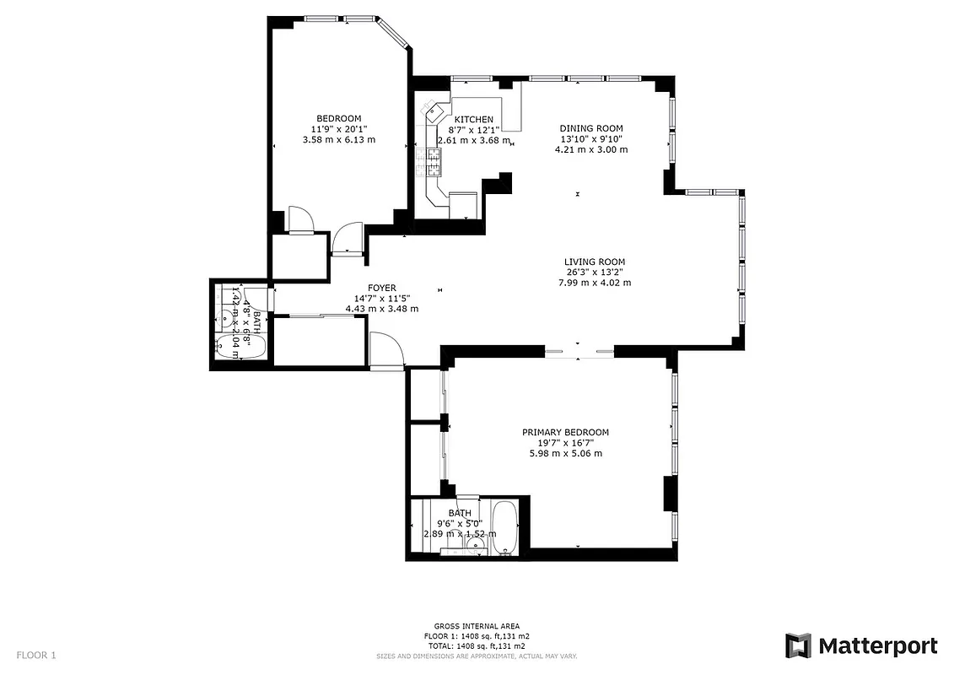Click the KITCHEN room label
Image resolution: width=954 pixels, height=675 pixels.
point(473,119)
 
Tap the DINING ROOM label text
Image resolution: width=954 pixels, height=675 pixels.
point(590,128)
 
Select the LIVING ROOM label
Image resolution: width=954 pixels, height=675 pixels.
point(595,262)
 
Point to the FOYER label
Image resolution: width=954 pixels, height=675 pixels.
point(381,288)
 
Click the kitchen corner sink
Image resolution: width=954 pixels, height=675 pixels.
point(437,110)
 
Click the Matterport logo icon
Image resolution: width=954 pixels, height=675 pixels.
point(798,645)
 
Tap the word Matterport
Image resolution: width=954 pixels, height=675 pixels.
point(877,646)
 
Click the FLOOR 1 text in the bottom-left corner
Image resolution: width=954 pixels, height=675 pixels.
point(36,655)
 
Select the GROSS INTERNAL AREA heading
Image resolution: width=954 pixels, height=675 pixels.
point(477,626)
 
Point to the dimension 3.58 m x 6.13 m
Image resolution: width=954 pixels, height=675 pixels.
point(338,139)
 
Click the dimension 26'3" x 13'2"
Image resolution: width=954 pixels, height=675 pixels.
point(595,272)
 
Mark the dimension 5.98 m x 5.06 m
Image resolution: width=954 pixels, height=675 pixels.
point(564,453)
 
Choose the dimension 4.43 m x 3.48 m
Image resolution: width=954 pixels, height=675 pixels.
point(381,309)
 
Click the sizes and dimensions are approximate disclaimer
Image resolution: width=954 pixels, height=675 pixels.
point(477,655)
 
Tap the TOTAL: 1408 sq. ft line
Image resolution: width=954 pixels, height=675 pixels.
point(477,645)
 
